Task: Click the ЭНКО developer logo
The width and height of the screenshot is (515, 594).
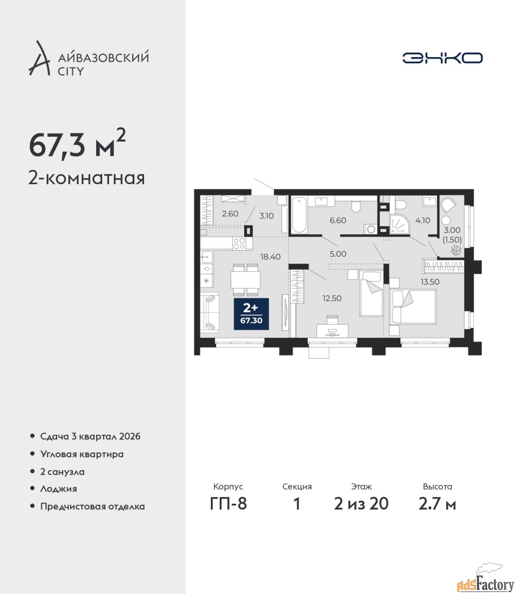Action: (x=442, y=58)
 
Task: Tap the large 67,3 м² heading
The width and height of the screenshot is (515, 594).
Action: (x=77, y=146)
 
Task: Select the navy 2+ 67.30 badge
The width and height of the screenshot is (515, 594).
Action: (x=251, y=314)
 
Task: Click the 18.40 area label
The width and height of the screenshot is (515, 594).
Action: (x=270, y=257)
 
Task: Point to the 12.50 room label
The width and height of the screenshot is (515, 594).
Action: (x=332, y=298)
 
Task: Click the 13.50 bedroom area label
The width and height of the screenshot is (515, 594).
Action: (x=430, y=282)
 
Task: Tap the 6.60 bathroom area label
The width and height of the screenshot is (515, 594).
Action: (x=338, y=220)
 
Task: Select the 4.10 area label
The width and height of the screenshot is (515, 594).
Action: (x=423, y=220)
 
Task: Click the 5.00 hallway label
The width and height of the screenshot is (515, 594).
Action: (x=338, y=254)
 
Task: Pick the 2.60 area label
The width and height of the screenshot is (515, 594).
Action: (x=230, y=214)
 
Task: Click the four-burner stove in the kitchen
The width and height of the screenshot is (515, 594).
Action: (x=239, y=244)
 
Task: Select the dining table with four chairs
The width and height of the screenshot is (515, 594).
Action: (x=246, y=279)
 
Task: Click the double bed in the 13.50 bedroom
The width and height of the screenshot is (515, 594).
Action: (x=413, y=307)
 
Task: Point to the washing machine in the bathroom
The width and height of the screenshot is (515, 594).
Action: (x=371, y=229)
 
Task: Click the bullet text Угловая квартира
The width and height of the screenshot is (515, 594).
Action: (x=82, y=454)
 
